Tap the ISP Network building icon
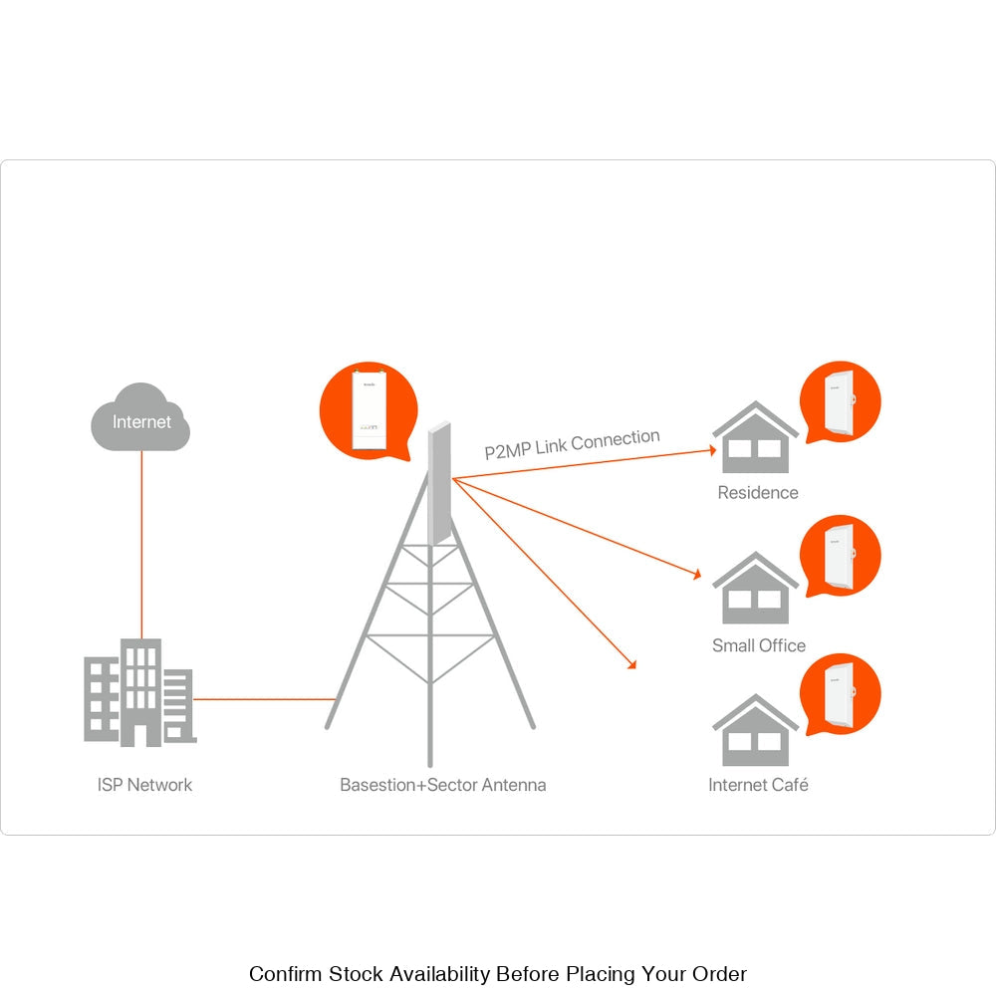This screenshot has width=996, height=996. [138, 693]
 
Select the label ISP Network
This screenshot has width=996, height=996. [144, 785]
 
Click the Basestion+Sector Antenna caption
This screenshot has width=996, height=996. [442, 785]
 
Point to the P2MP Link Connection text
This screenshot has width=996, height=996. [572, 443]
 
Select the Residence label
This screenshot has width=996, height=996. [758, 492]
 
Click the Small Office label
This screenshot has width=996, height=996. [758, 645]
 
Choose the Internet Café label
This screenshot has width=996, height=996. [758, 785]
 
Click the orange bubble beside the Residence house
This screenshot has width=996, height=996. [841, 401]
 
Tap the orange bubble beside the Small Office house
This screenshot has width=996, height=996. [841, 556]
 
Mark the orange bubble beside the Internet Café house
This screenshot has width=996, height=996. [841, 694]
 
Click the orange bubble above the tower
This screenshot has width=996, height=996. [367, 411]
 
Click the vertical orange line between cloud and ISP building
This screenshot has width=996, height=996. [141, 543]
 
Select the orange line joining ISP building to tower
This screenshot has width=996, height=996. [263, 699]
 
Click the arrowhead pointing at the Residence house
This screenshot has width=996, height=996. [712, 450]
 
